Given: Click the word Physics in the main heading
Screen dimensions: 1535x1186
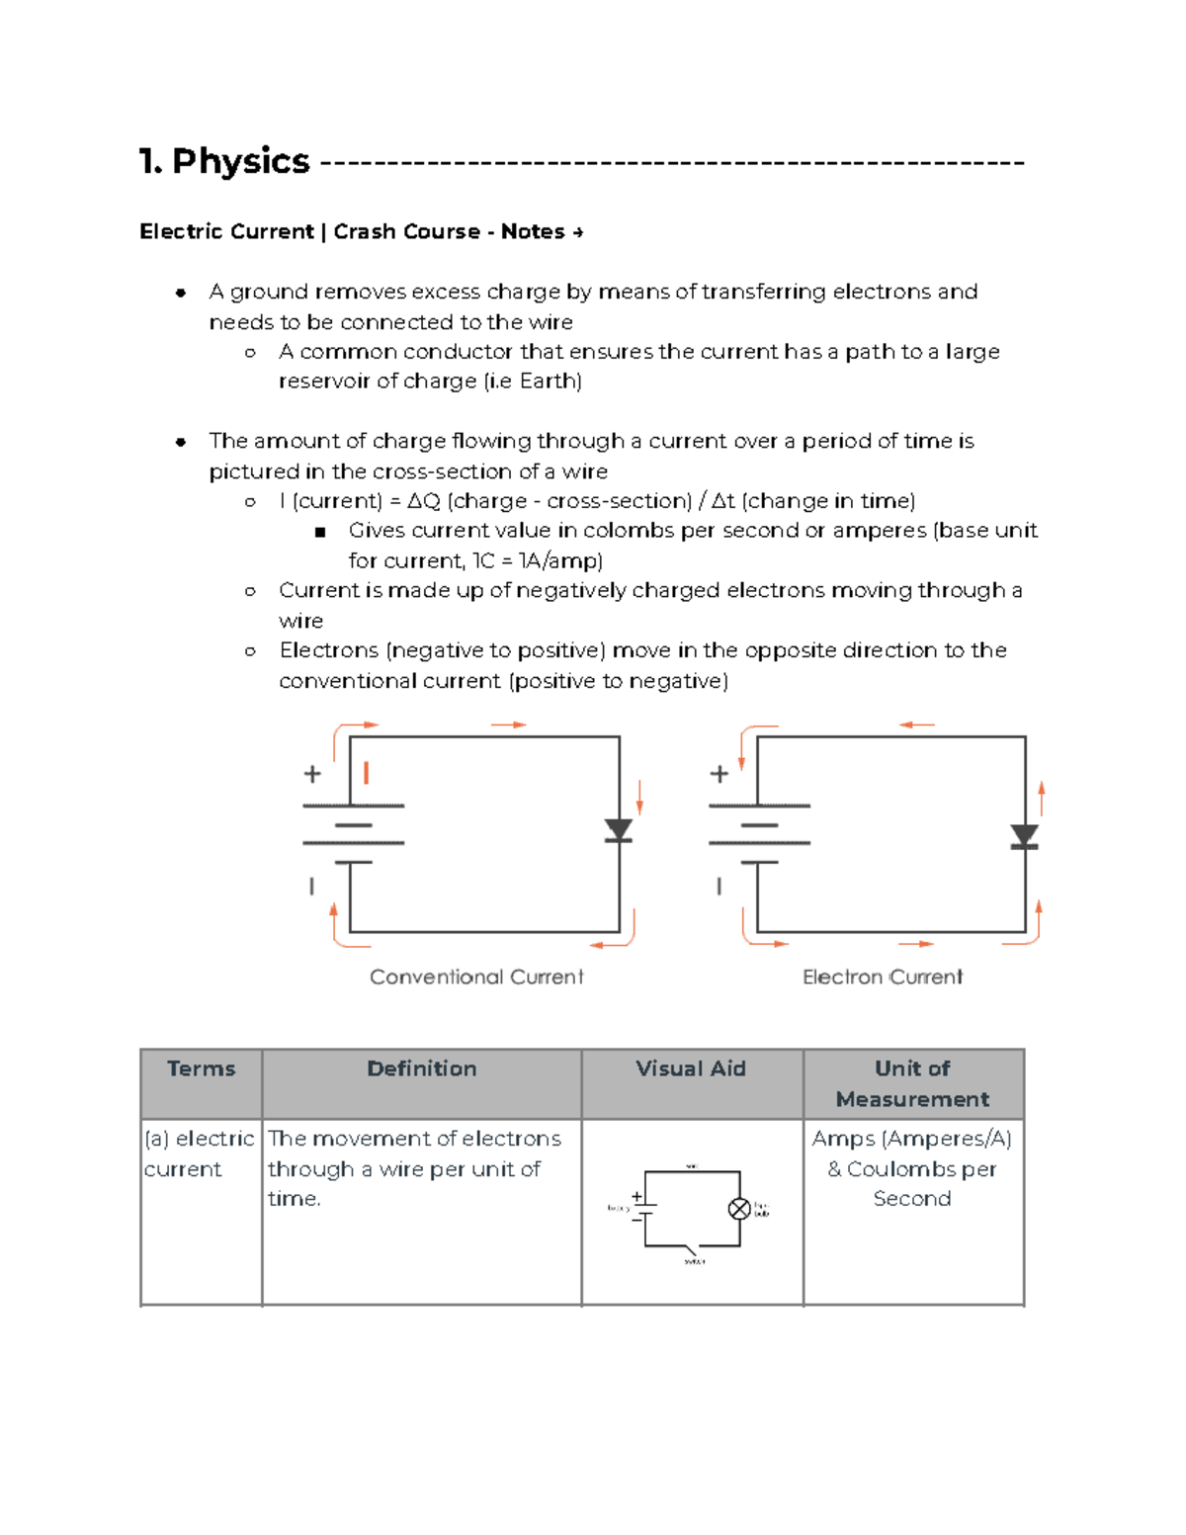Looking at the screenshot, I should pos(240,161).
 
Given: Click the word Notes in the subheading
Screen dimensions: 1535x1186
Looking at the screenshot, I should pos(533,231).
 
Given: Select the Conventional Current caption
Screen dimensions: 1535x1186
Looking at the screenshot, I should pos(476,977).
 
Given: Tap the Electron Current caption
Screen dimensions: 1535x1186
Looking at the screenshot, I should pos(882,977).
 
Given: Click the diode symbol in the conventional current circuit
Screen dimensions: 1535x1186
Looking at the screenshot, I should pos(619,830).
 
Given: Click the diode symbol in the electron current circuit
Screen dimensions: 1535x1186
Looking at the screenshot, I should pos(1025,837).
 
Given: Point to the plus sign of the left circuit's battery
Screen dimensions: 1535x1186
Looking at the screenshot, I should pos(312,774).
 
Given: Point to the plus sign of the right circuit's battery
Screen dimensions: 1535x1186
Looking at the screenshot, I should pos(719,774).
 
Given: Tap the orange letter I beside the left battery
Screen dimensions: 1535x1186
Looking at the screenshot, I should pos(367,773).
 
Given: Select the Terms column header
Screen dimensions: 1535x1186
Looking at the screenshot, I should pos(201,1068).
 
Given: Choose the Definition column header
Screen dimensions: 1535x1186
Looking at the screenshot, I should pos(421,1068).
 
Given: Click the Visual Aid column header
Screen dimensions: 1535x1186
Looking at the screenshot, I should pos(691,1068).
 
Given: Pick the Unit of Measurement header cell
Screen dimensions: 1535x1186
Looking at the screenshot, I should pos(912,1083).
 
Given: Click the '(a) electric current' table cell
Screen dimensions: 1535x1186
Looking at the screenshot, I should pos(200,1153).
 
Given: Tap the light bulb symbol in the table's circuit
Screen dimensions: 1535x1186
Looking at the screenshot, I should pos(739,1208).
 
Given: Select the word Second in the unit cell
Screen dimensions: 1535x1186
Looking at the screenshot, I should pos(911,1198).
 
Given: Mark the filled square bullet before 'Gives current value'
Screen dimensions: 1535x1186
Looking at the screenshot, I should pos(319,532).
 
